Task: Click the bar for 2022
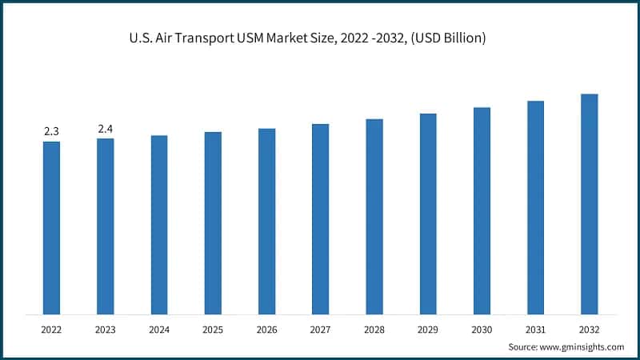[51, 227]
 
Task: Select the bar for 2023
[105, 226]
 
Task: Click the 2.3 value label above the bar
[51, 131]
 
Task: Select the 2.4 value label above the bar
[105, 129]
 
